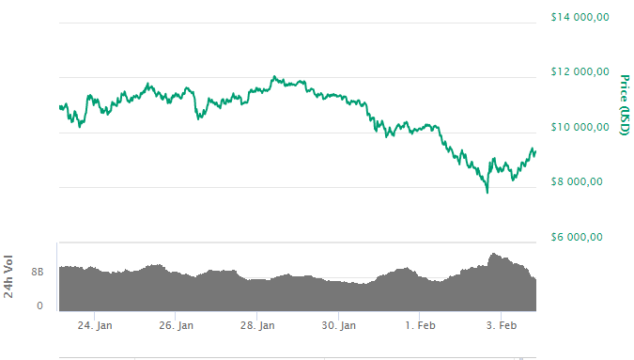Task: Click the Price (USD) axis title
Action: coord(625,103)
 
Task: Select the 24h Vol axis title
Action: coord(9,278)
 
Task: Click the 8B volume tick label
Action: coord(37,272)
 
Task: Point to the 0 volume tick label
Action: coord(40,305)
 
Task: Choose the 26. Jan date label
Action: coord(177,326)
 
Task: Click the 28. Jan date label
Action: coord(257,326)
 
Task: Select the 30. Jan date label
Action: coord(339,326)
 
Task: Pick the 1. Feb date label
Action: coord(420,326)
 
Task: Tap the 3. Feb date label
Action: coord(501,326)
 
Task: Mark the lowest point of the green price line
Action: coord(487,193)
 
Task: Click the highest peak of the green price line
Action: coord(274,77)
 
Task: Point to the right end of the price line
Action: coord(535,150)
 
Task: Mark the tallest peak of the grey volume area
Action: coord(492,254)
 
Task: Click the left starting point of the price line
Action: coord(59,106)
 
